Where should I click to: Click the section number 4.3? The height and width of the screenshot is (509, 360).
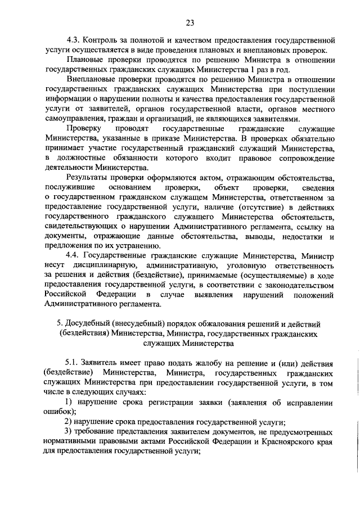(73, 41)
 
